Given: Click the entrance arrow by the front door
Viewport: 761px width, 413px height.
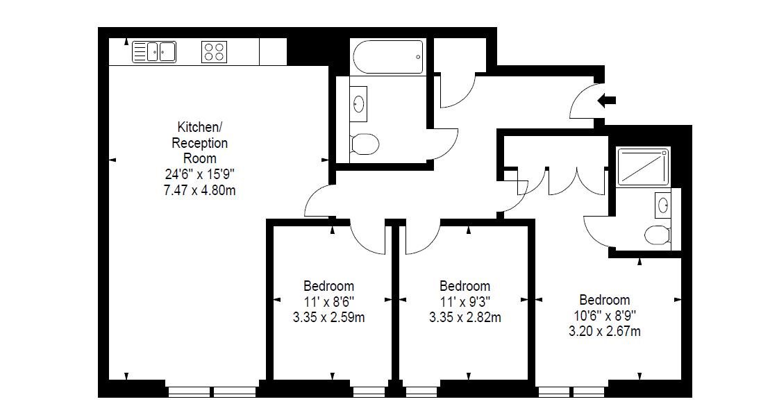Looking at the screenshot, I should tap(606, 101).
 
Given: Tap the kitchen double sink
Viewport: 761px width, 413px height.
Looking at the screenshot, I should tap(154, 52).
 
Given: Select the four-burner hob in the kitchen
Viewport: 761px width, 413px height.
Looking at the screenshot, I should tap(214, 52).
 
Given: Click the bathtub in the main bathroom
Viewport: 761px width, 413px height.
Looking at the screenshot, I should tap(387, 57).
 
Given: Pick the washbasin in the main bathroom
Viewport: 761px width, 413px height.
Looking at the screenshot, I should tap(358, 104).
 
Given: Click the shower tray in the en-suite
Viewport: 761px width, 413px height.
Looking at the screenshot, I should tap(643, 166).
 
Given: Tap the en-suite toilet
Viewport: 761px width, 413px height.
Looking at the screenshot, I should tap(657, 235).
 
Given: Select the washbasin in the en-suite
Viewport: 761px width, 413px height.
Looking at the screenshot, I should tap(663, 205).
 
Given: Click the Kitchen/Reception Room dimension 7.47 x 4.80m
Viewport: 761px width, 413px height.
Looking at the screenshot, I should tap(200, 189).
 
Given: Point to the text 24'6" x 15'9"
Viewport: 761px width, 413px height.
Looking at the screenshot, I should tap(200, 174).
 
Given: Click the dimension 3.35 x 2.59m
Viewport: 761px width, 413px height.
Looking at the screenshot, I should tap(328, 317).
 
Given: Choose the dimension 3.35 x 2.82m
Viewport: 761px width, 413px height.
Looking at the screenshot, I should tap(465, 317).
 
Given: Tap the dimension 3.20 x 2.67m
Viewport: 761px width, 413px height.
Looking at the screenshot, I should tap(604, 331).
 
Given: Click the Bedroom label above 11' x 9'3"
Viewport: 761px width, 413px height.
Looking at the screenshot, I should tap(465, 286).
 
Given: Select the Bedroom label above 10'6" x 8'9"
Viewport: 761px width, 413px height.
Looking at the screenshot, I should tap(604, 300).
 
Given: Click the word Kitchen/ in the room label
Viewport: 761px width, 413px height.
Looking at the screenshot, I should tap(200, 128).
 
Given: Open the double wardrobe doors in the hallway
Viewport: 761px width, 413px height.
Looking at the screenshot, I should tap(576, 180).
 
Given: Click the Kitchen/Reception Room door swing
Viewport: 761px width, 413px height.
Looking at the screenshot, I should tap(318, 201).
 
